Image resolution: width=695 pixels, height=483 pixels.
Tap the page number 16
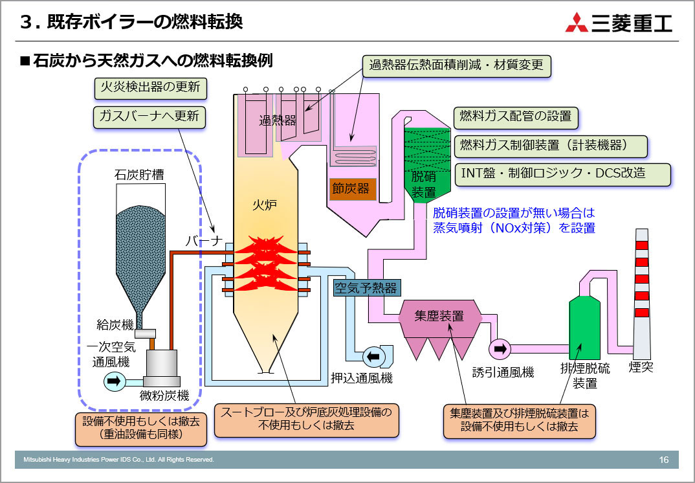(x=664, y=460)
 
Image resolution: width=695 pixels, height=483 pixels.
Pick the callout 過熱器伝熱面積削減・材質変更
(x=456, y=65)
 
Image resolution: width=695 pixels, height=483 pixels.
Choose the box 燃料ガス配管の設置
(x=515, y=117)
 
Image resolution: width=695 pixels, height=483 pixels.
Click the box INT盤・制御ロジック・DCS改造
(x=562, y=174)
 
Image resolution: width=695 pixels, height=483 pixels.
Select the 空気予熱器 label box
(x=366, y=288)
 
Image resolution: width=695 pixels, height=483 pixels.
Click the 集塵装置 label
(x=439, y=316)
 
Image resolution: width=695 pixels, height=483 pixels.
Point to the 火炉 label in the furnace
(x=264, y=206)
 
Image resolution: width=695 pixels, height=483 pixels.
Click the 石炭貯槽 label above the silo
(x=138, y=175)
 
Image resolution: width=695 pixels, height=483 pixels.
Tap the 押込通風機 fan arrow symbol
(x=373, y=355)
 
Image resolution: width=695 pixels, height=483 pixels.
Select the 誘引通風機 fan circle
(x=500, y=349)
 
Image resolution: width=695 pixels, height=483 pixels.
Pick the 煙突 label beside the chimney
(x=641, y=368)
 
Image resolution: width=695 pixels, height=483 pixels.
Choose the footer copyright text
(x=119, y=460)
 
